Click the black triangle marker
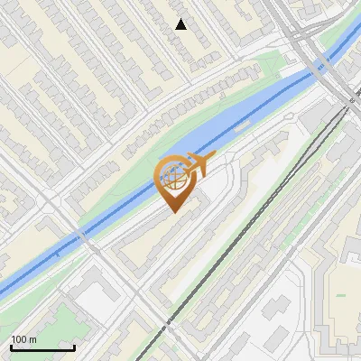pos(181,24)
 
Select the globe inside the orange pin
pos(177,176)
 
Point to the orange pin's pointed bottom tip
pos(173,212)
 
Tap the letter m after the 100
pos(33,339)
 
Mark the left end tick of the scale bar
pos(11,346)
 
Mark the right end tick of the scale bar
pos(74,346)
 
